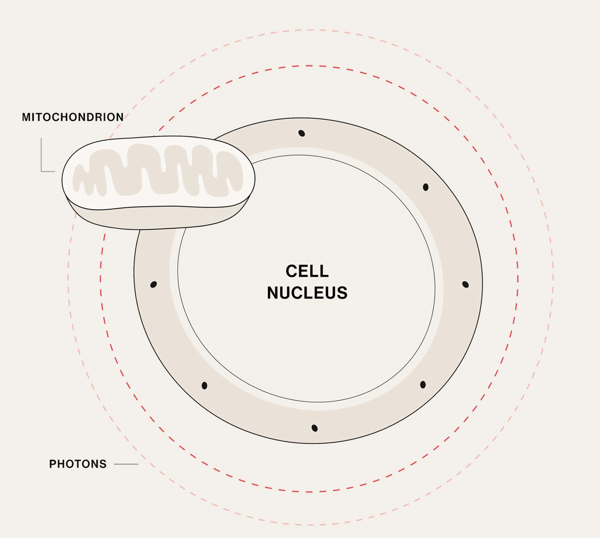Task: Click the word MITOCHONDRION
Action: point(73,117)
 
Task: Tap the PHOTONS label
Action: point(78,464)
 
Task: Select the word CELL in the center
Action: point(307,271)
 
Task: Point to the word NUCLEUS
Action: point(307,293)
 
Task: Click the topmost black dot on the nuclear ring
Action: point(301,133)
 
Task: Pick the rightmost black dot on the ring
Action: point(465,284)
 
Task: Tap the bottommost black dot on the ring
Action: point(314,428)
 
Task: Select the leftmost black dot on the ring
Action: point(153,284)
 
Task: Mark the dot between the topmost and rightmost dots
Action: point(426,187)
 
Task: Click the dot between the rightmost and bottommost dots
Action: point(423,385)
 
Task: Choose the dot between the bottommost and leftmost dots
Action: point(204,385)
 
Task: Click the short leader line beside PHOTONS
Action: point(126,464)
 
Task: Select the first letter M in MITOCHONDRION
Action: point(26,117)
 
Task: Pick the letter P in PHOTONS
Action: point(52,464)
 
